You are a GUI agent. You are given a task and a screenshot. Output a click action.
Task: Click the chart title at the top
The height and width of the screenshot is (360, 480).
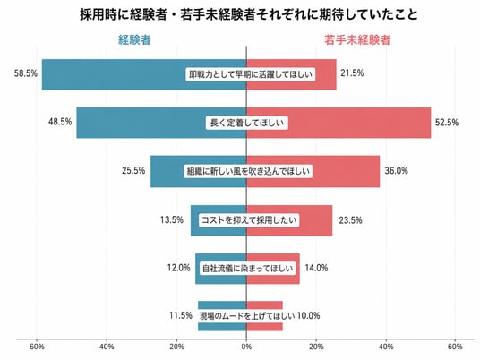click(249, 14)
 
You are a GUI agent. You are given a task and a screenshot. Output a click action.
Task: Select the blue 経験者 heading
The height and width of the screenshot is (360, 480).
click(134, 39)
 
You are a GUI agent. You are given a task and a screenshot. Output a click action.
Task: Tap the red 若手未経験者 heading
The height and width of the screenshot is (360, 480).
click(357, 39)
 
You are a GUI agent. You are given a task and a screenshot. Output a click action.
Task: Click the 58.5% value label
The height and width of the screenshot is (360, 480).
click(26, 73)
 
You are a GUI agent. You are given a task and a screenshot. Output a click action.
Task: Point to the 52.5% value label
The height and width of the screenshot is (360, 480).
click(447, 123)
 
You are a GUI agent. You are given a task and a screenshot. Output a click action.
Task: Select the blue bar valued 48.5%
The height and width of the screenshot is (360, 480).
click(161, 123)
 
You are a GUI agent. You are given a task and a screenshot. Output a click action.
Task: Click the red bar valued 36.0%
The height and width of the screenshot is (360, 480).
click(313, 171)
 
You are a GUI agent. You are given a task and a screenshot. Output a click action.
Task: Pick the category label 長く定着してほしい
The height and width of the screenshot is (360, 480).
click(247, 123)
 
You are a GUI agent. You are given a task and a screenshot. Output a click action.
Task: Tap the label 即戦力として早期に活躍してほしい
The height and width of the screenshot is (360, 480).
click(251, 74)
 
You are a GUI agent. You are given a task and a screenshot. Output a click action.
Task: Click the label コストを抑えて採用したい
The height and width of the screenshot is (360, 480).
click(249, 219)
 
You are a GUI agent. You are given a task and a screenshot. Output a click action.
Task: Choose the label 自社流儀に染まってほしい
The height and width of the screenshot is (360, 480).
click(248, 269)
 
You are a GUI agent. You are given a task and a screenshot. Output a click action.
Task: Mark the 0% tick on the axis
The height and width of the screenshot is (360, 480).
click(246, 347)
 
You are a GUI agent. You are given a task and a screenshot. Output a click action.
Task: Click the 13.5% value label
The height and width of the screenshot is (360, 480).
click(172, 219)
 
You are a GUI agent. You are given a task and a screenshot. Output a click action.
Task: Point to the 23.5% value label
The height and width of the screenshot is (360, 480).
click(350, 220)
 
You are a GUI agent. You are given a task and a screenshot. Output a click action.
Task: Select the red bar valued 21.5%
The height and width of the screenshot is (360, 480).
click(291, 74)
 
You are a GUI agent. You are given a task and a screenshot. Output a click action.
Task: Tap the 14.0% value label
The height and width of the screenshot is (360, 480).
click(316, 268)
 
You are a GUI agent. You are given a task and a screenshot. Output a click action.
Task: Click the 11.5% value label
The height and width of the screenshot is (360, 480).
click(181, 315)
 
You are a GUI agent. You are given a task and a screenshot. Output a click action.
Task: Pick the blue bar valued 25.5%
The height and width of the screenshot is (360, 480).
click(199, 171)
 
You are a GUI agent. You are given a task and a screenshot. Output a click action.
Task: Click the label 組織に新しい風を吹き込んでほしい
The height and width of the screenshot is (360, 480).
click(249, 171)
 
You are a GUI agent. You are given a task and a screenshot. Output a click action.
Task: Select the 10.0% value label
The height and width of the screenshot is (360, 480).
click(309, 315)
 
